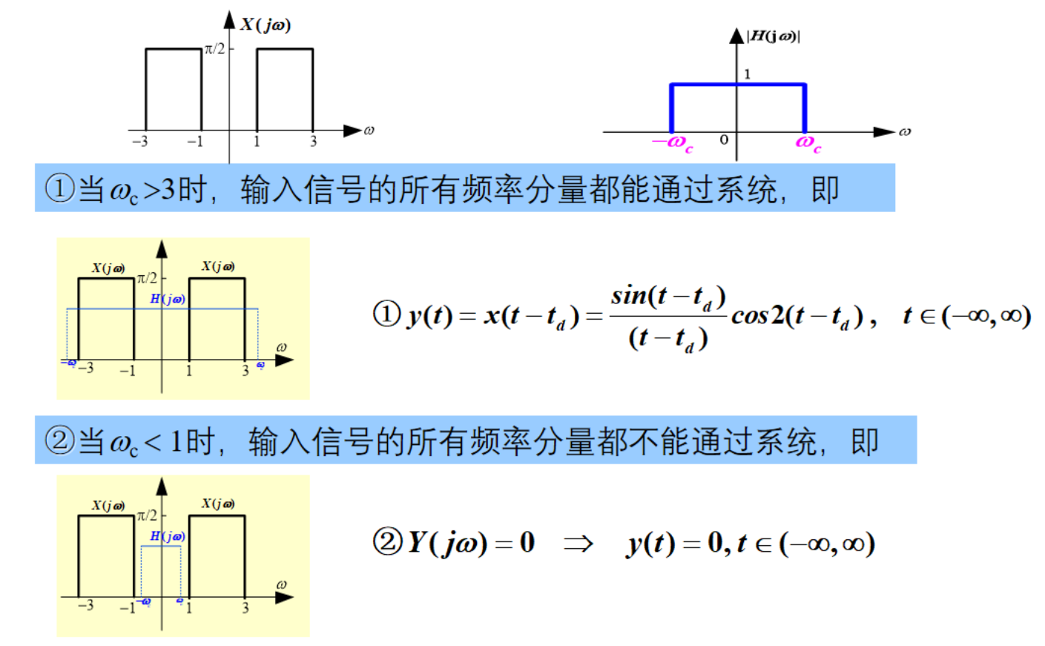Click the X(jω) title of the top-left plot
[266, 24]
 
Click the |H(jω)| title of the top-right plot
[774, 36]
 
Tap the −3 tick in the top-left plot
[139, 142]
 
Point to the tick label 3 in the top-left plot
[313, 142]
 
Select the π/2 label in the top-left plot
[214, 49]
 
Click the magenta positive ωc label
[808, 142]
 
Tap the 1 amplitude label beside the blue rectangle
[747, 74]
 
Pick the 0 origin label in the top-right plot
[724, 139]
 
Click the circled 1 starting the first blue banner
[59, 189]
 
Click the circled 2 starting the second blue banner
[59, 441]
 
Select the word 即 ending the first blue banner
[825, 189]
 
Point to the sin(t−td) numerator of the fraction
[667, 297]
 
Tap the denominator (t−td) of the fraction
[667, 339]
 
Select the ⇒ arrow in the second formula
[578, 544]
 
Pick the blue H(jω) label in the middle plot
[168, 299]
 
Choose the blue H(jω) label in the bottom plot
[168, 536]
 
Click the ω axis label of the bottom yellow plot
[281, 584]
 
